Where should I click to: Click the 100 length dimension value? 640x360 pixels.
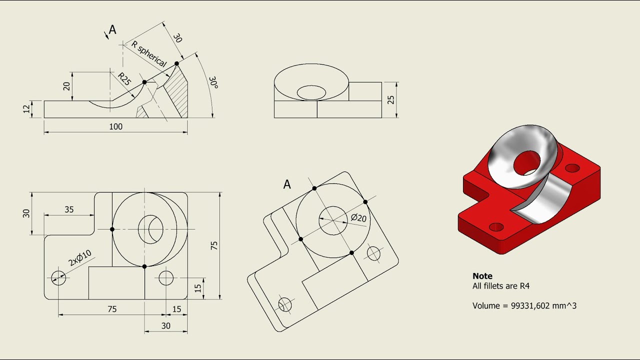click(x=115, y=127)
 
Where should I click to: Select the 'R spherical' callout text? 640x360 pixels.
click(x=148, y=54)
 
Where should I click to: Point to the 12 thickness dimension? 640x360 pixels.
click(x=26, y=109)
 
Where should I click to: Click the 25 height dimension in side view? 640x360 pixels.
click(x=391, y=99)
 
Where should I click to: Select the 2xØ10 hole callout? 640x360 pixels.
click(x=80, y=258)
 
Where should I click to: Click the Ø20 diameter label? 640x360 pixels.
click(x=358, y=218)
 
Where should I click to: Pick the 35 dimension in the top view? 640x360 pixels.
click(x=69, y=210)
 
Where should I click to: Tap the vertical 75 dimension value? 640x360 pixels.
click(x=214, y=245)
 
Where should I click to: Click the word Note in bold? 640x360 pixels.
click(x=482, y=276)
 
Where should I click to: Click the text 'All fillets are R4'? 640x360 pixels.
click(x=500, y=286)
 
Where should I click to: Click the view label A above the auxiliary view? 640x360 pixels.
click(x=287, y=184)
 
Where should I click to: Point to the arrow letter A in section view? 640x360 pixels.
click(x=112, y=30)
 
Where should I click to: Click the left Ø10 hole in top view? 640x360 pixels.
click(x=58, y=277)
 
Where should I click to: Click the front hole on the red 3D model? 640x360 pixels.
click(x=496, y=227)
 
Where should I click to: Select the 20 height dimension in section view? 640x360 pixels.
click(x=66, y=86)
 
